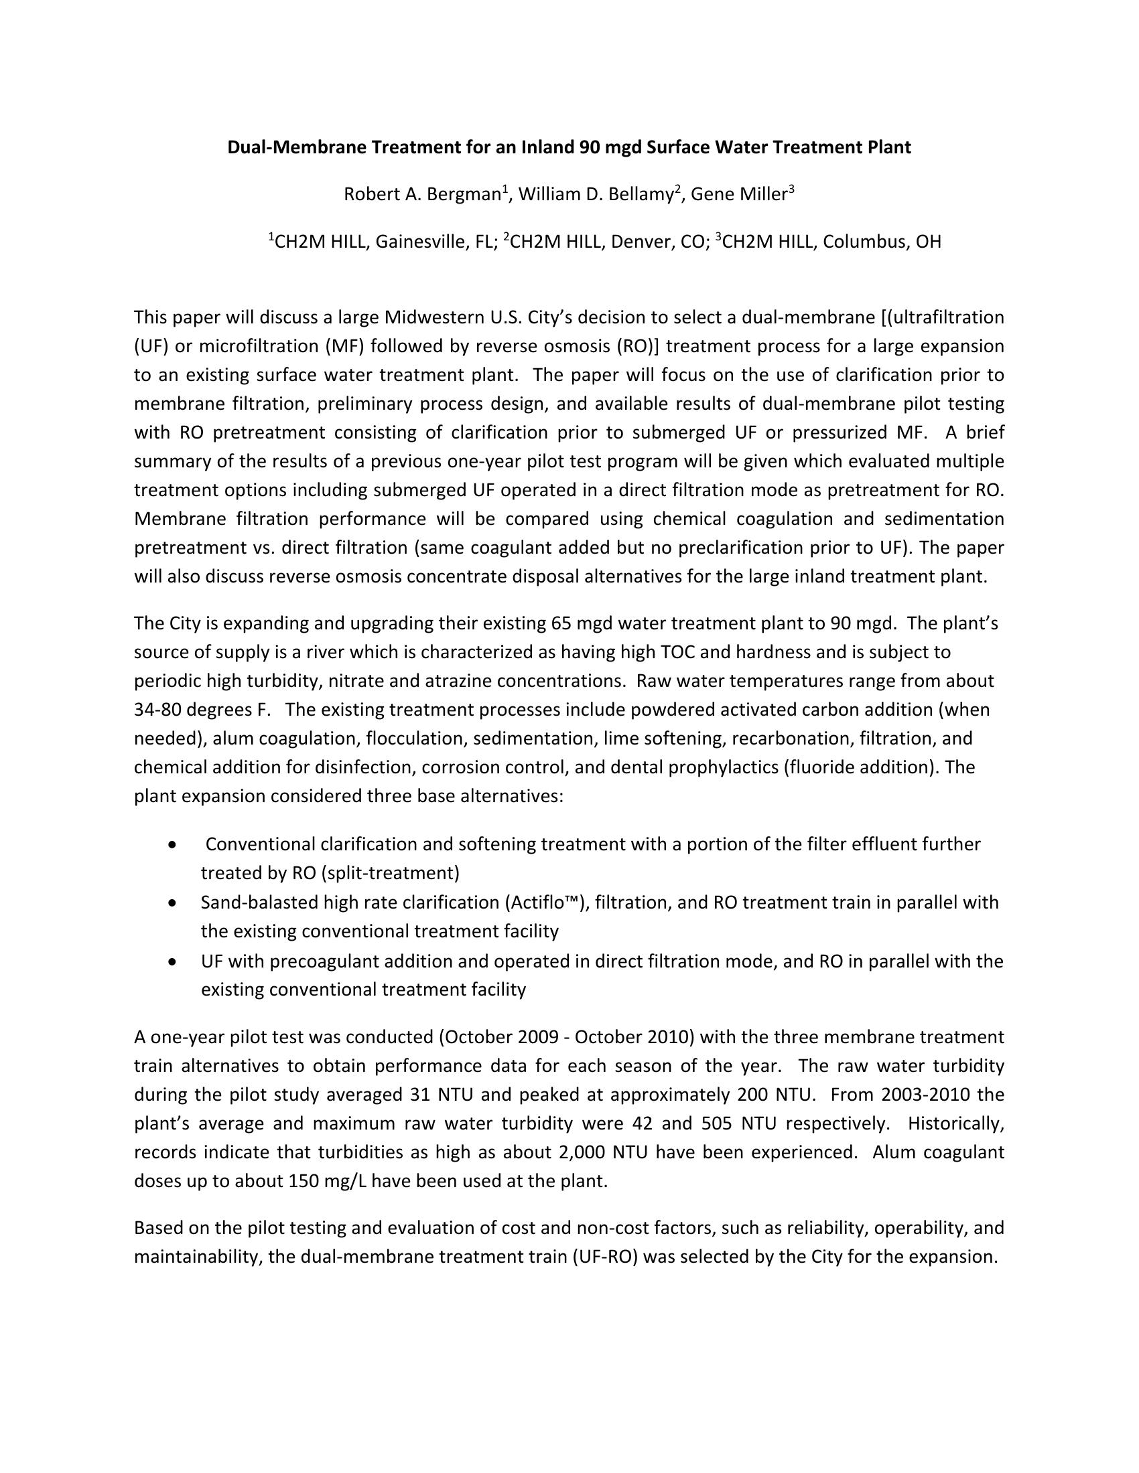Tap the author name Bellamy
(641, 195)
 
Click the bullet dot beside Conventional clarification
(174, 844)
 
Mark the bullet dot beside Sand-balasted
(174, 903)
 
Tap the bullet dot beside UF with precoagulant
(174, 961)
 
